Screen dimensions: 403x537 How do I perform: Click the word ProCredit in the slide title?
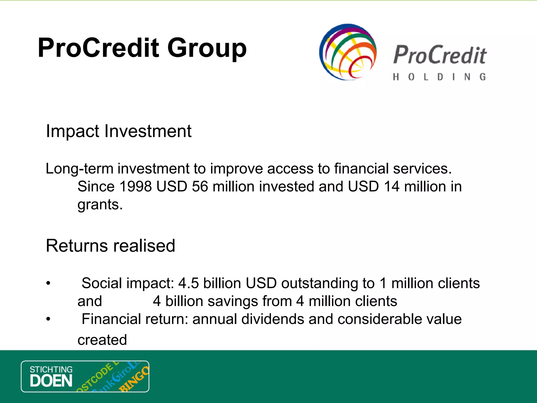click(x=99, y=48)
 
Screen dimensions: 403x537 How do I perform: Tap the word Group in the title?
click(x=207, y=49)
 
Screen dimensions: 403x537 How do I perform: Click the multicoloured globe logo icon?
click(x=348, y=52)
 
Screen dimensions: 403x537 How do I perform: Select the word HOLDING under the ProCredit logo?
click(x=439, y=77)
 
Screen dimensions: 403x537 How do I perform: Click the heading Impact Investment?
click(x=119, y=131)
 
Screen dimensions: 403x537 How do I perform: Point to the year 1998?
click(x=135, y=187)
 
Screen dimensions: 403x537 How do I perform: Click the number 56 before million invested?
click(x=200, y=187)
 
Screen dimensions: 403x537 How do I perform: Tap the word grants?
click(x=100, y=205)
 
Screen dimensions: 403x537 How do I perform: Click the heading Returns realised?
click(x=110, y=246)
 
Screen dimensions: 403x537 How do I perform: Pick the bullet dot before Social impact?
click(x=48, y=283)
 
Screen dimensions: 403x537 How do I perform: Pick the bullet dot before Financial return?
click(x=48, y=319)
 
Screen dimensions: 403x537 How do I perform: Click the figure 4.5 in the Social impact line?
click(x=188, y=283)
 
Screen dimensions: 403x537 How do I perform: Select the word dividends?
click(x=272, y=319)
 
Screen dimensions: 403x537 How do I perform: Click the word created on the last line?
click(x=102, y=340)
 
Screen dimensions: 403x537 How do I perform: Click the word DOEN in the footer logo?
click(x=51, y=381)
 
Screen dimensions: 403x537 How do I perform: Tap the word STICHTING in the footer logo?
click(x=51, y=369)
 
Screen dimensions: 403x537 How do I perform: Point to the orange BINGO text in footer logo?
click(x=134, y=379)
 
